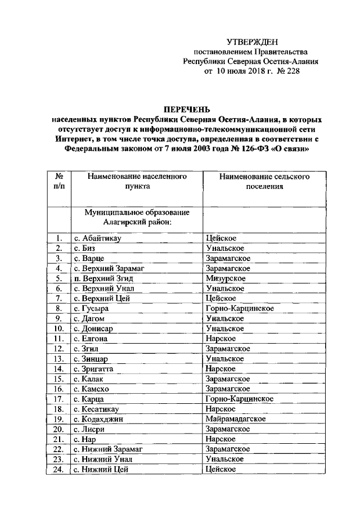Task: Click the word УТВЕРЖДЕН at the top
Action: tap(252, 42)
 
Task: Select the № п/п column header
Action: tap(58, 182)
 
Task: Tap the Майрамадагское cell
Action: tap(236, 419)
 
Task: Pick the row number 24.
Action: tap(58, 470)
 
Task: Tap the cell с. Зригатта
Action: tap(96, 368)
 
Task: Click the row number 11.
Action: tap(58, 339)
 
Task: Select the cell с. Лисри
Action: tap(90, 429)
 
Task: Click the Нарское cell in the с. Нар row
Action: tap(220, 439)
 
